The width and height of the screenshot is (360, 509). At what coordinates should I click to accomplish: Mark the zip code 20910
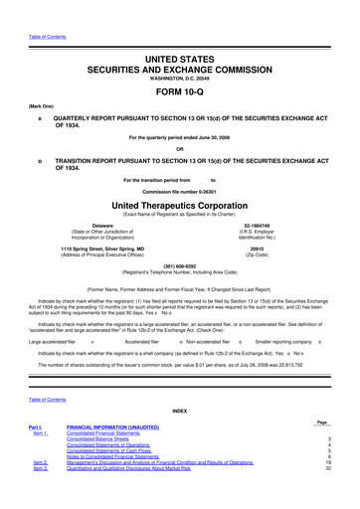click(260, 248)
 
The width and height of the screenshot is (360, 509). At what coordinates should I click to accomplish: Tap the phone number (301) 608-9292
click(180, 265)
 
